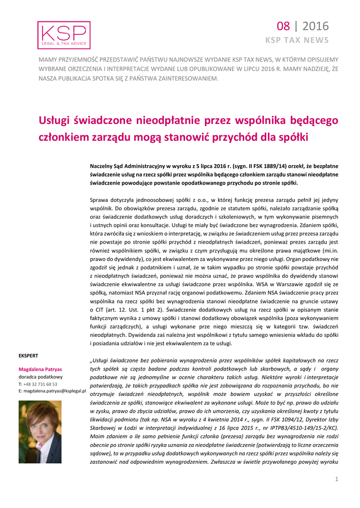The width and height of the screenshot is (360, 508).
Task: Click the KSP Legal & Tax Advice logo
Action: tap(64, 35)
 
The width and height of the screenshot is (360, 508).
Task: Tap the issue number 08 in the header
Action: tap(283, 26)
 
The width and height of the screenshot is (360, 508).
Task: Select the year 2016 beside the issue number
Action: tap(315, 26)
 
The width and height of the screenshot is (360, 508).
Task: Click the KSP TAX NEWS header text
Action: tap(297, 40)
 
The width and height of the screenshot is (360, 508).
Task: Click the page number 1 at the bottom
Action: tap(337, 479)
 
